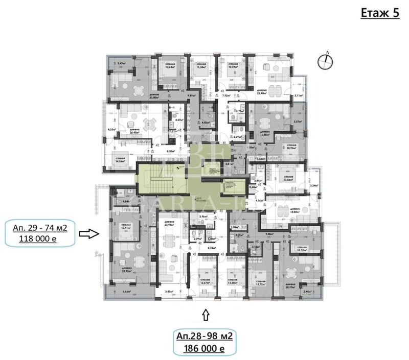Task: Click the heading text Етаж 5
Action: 380,13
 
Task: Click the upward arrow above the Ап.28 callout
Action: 206,316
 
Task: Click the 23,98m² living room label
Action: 170,224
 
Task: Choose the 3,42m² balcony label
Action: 122,63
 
